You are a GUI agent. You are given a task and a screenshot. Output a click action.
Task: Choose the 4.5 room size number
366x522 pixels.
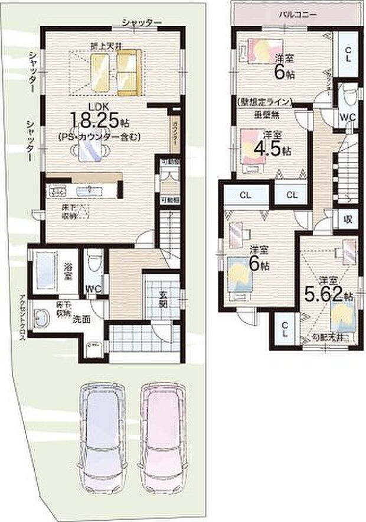(269, 148)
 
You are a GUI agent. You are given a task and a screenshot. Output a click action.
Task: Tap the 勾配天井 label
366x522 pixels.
(328, 338)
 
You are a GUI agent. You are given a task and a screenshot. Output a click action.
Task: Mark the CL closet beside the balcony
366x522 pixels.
(348, 55)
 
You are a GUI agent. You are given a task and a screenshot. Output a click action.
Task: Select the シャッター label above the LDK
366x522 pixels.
(142, 22)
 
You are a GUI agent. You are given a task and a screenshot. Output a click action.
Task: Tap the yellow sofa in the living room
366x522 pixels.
(129, 72)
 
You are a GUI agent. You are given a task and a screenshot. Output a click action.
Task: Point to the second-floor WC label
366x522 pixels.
(347, 117)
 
